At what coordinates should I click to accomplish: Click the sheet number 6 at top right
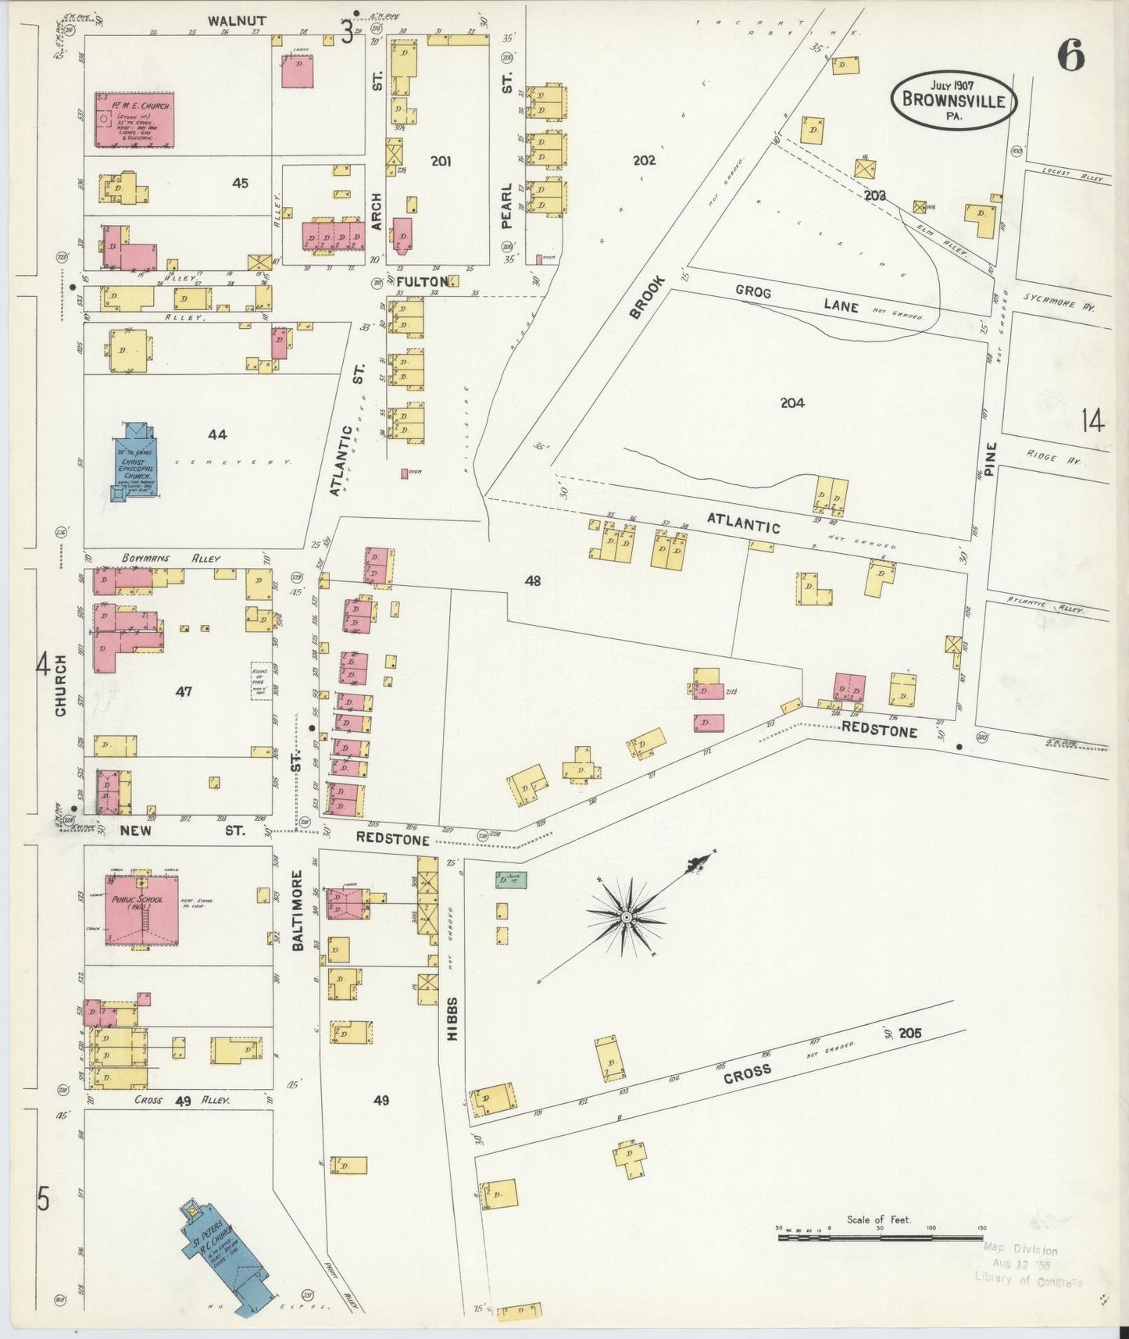click(x=1071, y=55)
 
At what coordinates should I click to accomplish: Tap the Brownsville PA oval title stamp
click(x=953, y=100)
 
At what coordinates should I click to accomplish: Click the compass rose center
click(x=626, y=916)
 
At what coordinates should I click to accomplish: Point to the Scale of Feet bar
click(x=879, y=1237)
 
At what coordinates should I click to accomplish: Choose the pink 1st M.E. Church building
click(x=134, y=120)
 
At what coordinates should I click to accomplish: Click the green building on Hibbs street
click(x=511, y=879)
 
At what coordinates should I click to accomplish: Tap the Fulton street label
click(x=422, y=280)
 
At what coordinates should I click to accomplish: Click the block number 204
click(x=791, y=403)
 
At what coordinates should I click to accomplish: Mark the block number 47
click(x=184, y=691)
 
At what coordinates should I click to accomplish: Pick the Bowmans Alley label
click(x=171, y=559)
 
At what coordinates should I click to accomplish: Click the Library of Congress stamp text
click(x=1027, y=1278)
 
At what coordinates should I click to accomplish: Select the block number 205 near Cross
click(x=909, y=1033)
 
